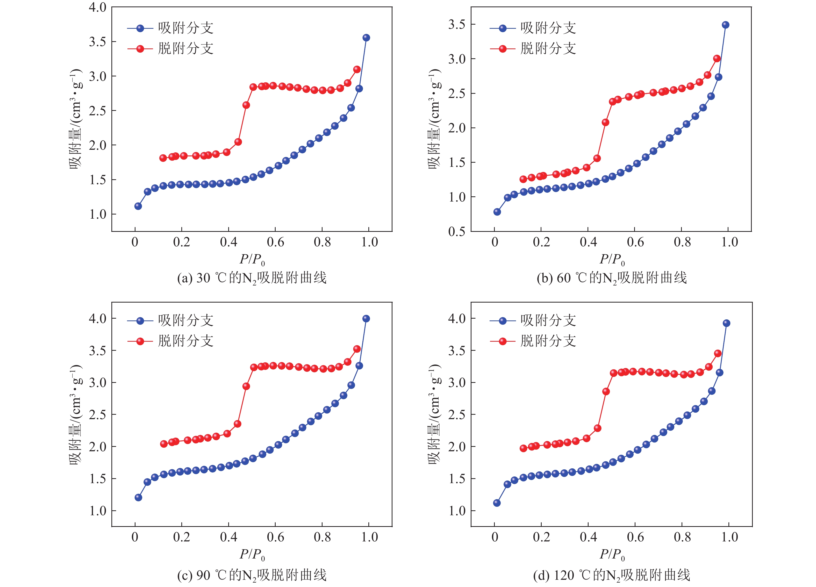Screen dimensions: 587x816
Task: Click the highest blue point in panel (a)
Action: (x=366, y=38)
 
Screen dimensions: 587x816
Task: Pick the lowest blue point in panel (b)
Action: (x=497, y=212)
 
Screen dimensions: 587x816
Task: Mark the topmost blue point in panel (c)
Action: (x=366, y=319)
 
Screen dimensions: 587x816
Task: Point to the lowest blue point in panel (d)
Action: (x=497, y=503)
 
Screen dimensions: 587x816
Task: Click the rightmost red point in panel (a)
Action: (x=357, y=69)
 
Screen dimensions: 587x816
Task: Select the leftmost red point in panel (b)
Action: (x=523, y=179)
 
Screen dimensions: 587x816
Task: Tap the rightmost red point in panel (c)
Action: (x=357, y=349)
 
